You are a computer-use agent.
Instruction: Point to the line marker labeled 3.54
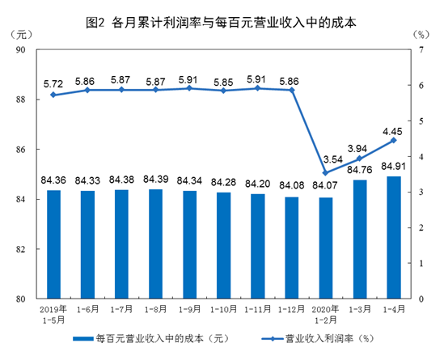pos(325,172)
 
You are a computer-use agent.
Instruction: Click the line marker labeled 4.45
pos(393,140)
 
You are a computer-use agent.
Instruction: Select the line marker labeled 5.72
pos(53,95)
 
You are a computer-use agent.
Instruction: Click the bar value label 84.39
pos(154,179)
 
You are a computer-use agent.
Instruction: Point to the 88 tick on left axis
pos(22,100)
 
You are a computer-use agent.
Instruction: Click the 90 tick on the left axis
pos(22,50)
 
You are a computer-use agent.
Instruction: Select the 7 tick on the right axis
pos(421,50)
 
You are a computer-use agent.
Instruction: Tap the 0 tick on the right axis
pos(421,299)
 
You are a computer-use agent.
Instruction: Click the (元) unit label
pos(23,36)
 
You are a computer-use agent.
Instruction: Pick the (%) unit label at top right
pos(421,36)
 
